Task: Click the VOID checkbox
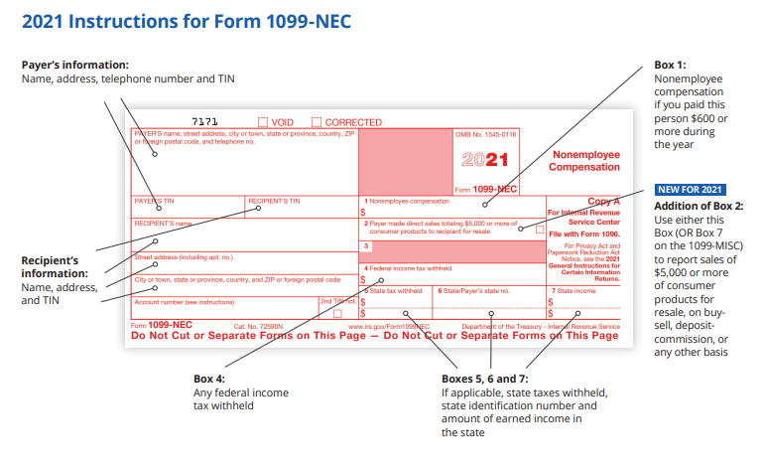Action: point(263,122)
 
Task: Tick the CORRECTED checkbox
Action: point(317,122)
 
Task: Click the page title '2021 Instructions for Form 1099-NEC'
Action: point(187,21)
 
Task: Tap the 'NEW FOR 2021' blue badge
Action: point(689,190)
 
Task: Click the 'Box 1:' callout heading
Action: point(670,66)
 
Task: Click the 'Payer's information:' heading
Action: point(75,65)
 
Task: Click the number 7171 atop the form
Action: point(204,122)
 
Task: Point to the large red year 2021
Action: point(485,159)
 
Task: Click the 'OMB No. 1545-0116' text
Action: point(486,133)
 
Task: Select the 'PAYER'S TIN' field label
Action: point(155,201)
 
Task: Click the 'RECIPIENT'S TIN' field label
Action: point(274,201)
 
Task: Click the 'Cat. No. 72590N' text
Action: point(258,325)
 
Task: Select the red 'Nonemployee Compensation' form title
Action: point(585,161)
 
